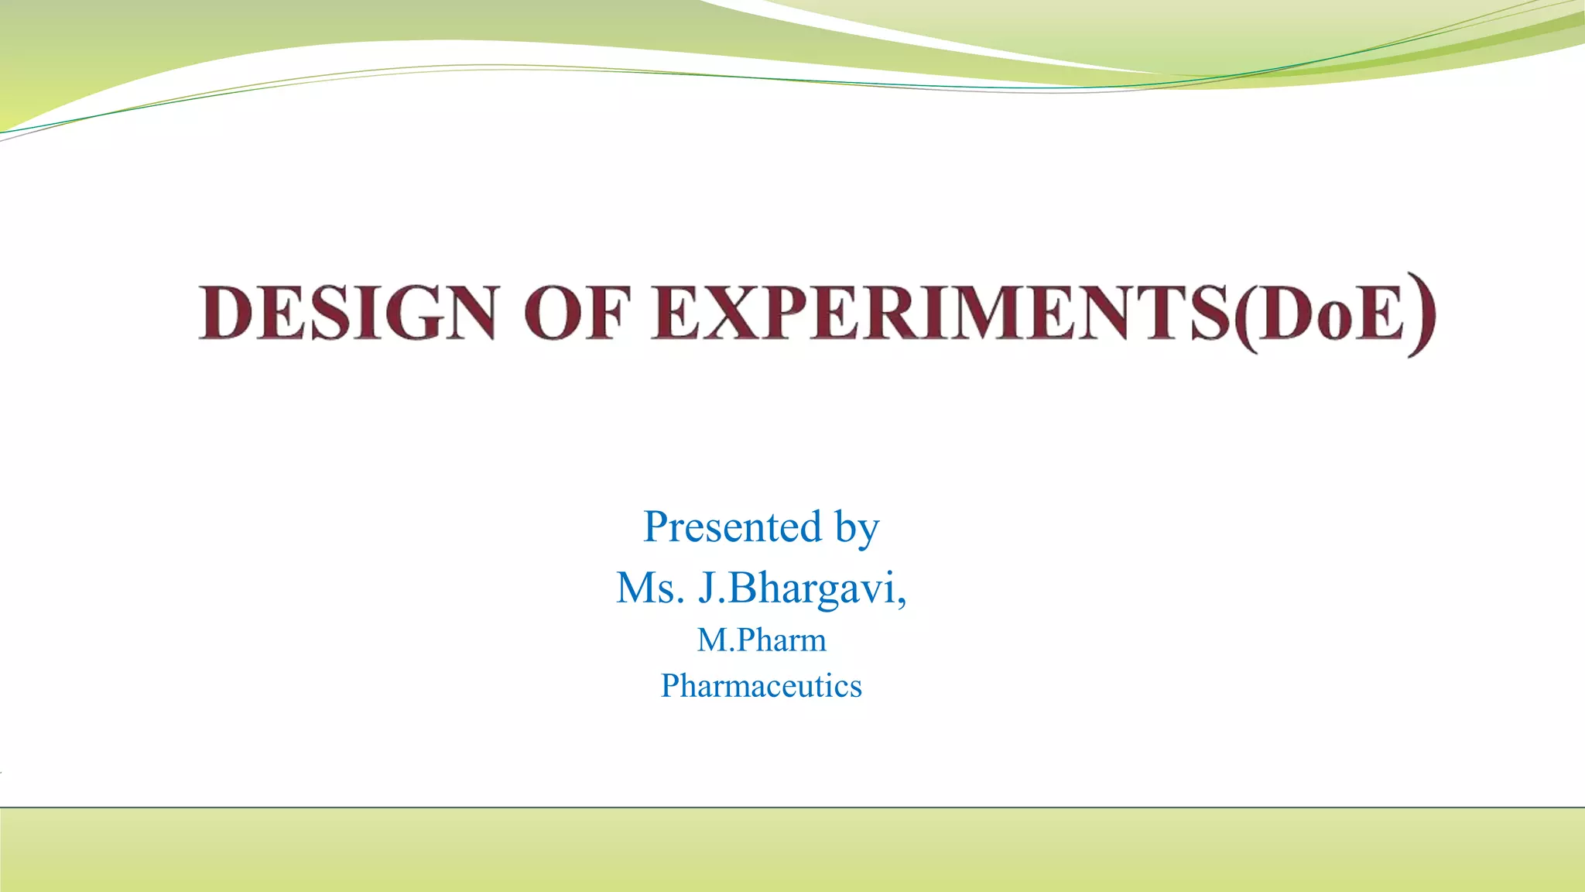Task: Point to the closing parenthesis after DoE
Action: (x=1422, y=314)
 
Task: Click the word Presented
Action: (x=732, y=527)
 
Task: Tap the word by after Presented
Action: (x=857, y=530)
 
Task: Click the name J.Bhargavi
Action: (x=797, y=589)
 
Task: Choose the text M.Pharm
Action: (x=762, y=640)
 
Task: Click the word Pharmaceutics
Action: (x=762, y=686)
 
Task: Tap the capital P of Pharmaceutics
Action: (x=670, y=686)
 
